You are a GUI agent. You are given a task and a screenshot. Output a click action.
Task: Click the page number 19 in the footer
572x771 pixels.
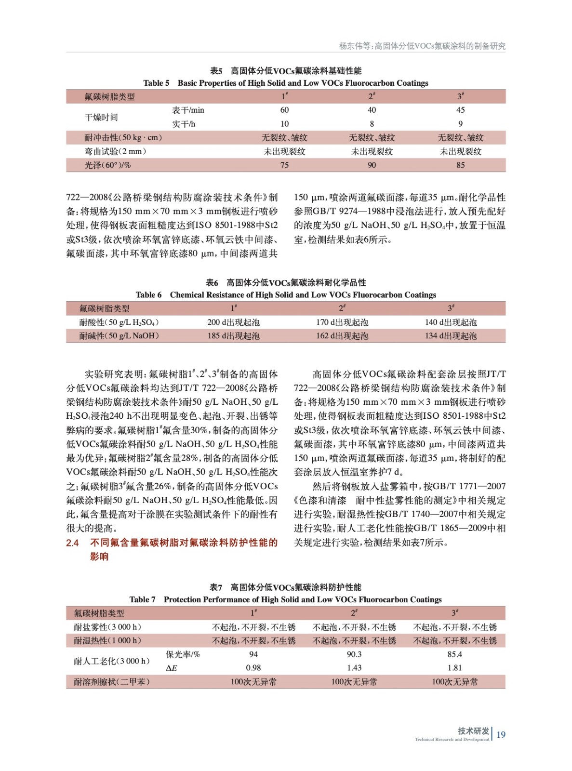click(501, 734)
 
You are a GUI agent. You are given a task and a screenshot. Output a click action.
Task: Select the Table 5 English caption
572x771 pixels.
click(285, 83)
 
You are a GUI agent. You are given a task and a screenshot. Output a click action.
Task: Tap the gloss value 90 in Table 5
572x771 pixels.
click(372, 165)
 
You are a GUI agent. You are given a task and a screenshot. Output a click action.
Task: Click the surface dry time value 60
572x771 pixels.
click(284, 110)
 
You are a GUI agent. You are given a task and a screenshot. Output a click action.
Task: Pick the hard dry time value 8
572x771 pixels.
click(372, 124)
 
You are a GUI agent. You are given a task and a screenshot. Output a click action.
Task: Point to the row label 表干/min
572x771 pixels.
click(188, 110)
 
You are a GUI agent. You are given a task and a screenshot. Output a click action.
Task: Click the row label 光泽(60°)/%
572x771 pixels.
click(107, 165)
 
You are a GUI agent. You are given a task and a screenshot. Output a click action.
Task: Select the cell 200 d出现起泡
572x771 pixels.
click(233, 322)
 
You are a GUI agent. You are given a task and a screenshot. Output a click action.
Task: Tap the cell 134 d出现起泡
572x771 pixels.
click(451, 336)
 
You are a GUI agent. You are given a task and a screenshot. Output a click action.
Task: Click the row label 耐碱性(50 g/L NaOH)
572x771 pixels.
click(119, 336)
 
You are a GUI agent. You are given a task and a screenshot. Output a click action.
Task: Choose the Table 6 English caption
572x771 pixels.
click(285, 295)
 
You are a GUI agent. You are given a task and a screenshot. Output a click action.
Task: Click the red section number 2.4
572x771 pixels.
click(72, 543)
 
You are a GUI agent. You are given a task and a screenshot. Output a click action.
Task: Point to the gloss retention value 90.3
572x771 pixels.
click(354, 654)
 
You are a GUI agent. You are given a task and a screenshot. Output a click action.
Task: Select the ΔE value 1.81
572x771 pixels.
click(454, 668)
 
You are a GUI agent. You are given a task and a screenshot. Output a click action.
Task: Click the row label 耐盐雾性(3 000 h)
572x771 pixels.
click(107, 627)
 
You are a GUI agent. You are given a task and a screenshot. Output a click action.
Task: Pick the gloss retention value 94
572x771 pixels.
click(253, 654)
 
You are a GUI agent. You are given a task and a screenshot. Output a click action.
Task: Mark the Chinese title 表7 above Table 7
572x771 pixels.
click(285, 587)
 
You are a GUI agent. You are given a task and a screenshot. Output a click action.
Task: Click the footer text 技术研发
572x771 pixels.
click(473, 731)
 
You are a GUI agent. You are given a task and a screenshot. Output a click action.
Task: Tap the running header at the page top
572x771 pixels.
click(422, 46)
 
